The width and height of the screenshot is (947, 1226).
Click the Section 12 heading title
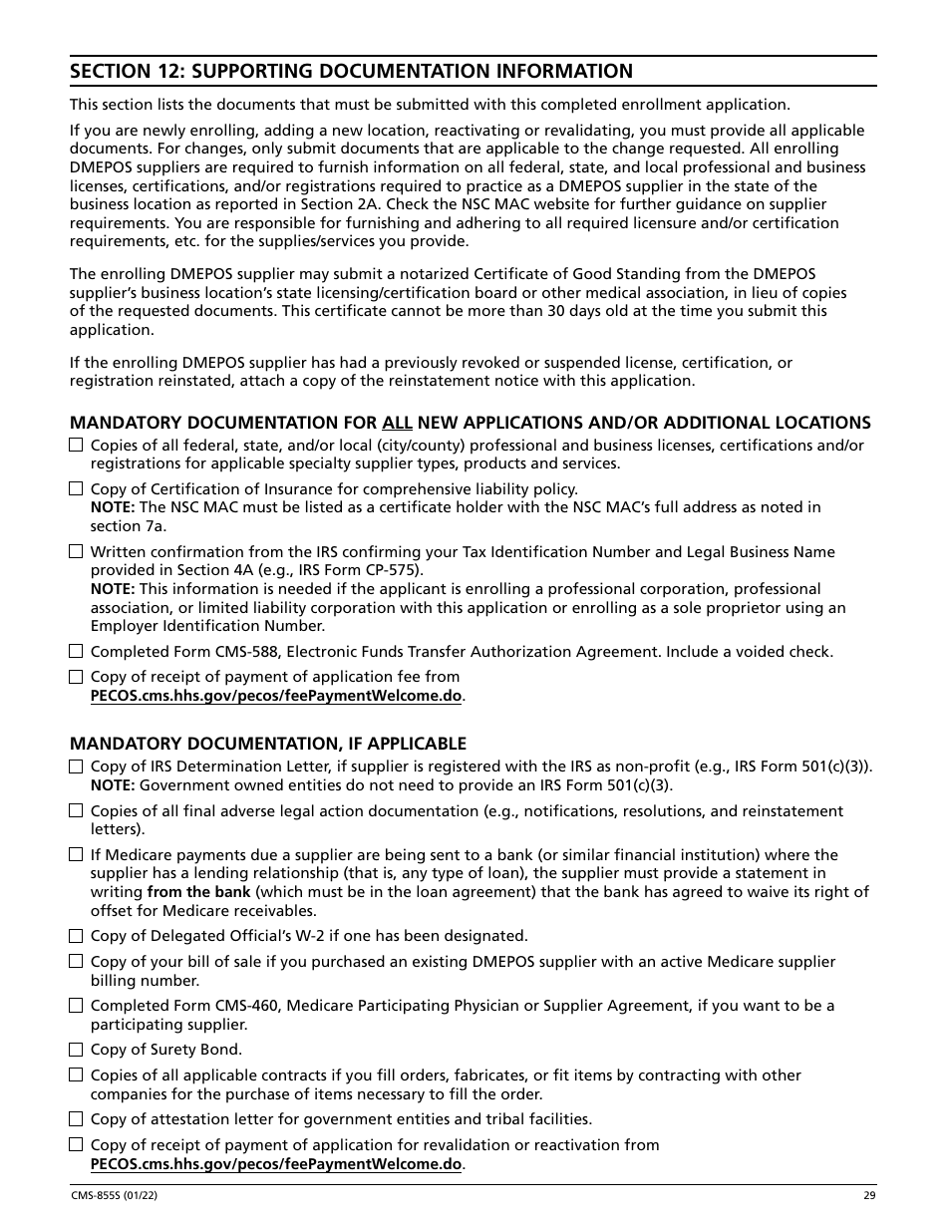pos(351,71)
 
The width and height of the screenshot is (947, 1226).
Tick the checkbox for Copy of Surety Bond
pos(76,1050)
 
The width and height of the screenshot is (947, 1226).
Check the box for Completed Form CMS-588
pos(76,652)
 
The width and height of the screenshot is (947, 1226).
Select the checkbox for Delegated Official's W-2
pos(76,936)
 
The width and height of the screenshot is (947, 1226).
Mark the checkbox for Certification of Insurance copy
pos(76,489)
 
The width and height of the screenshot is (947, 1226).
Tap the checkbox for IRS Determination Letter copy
pos(76,766)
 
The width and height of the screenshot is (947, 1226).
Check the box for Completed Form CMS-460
pos(76,1006)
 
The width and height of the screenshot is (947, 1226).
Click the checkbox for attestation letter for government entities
pos(76,1119)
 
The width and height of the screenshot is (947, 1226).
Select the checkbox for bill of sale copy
pos(76,962)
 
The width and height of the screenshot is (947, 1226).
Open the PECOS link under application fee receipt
pos(276,696)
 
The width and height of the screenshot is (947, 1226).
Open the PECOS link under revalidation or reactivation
pos(276,1164)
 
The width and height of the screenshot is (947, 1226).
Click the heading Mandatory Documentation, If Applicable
pos(267,744)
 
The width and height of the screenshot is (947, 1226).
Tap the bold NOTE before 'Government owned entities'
pos(113,785)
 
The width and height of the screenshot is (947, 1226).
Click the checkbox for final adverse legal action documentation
pos(76,811)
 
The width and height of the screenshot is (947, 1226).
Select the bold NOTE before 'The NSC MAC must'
pos(113,507)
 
